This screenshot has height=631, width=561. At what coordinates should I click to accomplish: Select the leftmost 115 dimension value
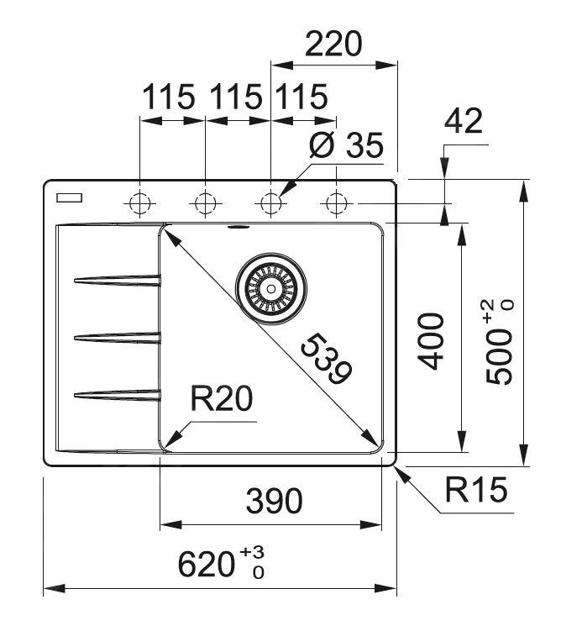tap(168, 98)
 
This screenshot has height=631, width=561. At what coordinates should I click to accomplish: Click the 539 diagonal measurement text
tap(326, 359)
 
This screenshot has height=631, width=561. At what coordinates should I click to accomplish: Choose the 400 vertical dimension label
tap(431, 340)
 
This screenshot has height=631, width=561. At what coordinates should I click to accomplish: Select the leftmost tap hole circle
tap(139, 203)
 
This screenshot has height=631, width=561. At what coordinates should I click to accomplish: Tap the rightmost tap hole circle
tap(336, 203)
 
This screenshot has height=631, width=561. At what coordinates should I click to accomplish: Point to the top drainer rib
tap(118, 281)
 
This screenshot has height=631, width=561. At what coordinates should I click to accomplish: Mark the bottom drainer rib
tap(118, 393)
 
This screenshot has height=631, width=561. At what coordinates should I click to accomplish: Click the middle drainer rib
tap(118, 338)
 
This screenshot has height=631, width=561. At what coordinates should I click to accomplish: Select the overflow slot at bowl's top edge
tap(237, 226)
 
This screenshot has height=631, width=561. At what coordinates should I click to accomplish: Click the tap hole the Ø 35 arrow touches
tap(270, 203)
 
